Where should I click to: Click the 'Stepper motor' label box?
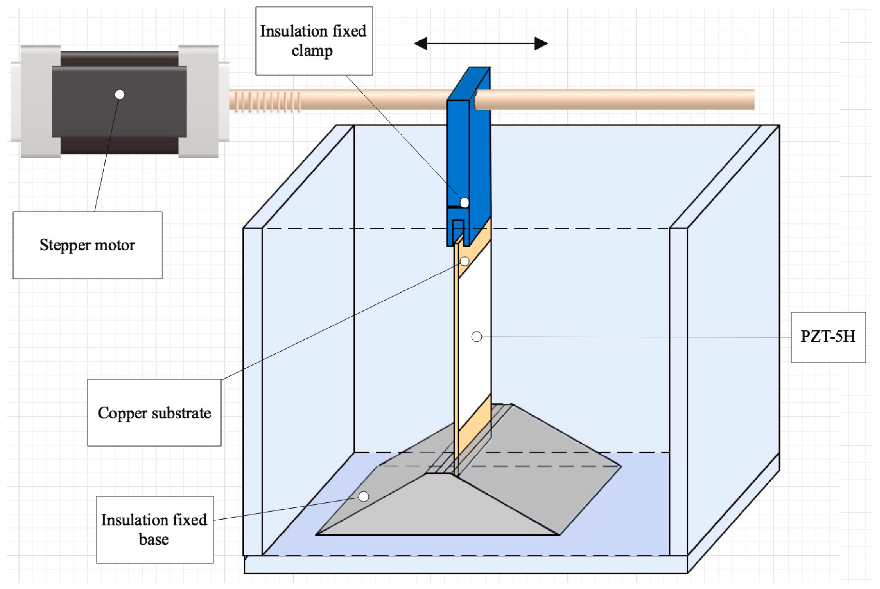tap(88, 245)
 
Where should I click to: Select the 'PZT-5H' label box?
tap(828, 337)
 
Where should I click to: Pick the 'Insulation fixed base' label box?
tap(155, 530)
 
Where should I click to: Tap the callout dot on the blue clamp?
tap(464, 203)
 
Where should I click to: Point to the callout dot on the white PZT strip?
tap(477, 337)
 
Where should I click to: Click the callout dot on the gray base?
tap(363, 497)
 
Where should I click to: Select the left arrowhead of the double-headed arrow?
tap(421, 44)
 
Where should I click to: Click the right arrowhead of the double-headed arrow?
tap(541, 44)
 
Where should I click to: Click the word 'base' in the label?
tap(154, 540)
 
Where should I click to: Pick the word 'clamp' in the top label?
tap(312, 51)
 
